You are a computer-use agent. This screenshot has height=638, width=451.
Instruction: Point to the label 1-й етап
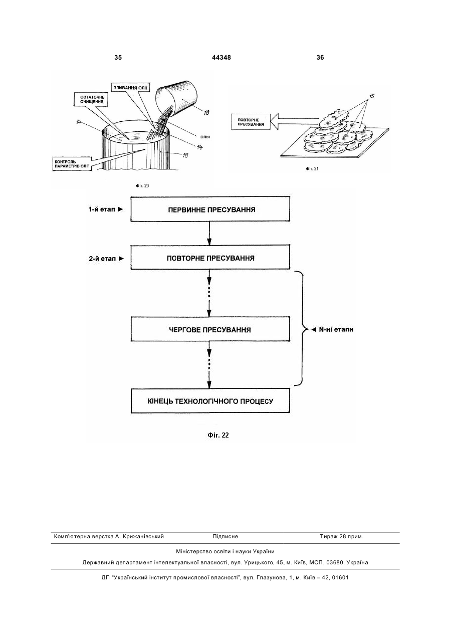[x=102, y=209]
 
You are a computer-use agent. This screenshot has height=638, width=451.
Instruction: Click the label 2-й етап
[x=103, y=259]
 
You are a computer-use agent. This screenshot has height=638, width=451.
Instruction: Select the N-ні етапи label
[x=336, y=330]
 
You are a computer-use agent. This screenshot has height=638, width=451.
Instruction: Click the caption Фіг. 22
[x=218, y=435]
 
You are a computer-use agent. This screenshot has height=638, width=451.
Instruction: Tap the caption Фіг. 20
[x=142, y=186]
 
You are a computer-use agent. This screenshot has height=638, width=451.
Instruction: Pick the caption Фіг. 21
[x=312, y=168]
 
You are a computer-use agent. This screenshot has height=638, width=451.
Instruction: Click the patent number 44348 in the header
[x=221, y=58]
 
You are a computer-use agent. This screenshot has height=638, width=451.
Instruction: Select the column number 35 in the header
[x=118, y=58]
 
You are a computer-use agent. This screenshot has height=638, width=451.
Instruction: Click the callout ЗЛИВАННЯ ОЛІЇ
[x=130, y=87]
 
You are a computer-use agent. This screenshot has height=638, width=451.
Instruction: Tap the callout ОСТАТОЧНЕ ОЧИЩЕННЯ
[x=92, y=99]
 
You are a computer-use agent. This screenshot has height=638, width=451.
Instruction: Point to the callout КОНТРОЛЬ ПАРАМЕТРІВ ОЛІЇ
[x=72, y=164]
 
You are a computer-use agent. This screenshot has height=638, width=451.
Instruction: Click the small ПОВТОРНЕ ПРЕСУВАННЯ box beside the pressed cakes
[x=251, y=122]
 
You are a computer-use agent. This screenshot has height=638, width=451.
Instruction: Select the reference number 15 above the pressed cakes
[x=371, y=96]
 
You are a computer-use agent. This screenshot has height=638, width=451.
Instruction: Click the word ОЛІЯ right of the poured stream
[x=205, y=137]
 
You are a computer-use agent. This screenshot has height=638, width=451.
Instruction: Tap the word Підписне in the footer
[x=225, y=537]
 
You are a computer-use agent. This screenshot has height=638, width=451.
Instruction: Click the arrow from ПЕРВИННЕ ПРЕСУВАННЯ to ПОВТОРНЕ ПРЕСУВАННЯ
[x=209, y=233]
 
